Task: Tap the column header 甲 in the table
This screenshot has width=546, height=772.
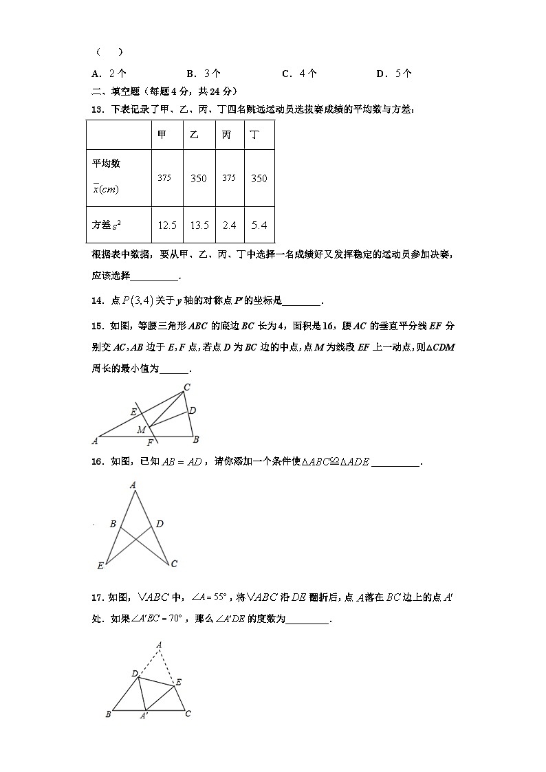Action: tap(162, 135)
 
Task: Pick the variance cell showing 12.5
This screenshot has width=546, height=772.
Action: tap(167, 225)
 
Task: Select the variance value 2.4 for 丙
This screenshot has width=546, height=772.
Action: tap(229, 225)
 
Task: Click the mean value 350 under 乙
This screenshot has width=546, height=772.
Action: tap(198, 178)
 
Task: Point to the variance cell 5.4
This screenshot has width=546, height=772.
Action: tap(259, 225)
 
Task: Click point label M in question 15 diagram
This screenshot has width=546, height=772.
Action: tap(140, 430)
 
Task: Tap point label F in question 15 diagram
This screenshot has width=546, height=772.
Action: tap(150, 443)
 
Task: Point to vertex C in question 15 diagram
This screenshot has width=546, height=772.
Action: tap(186, 388)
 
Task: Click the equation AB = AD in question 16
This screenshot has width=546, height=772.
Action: tap(182, 462)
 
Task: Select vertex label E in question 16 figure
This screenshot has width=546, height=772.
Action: tap(100, 566)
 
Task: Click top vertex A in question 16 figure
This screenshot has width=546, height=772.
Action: tap(133, 485)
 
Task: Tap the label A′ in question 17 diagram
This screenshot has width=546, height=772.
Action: tap(144, 716)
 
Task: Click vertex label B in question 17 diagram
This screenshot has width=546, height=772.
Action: tap(108, 714)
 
